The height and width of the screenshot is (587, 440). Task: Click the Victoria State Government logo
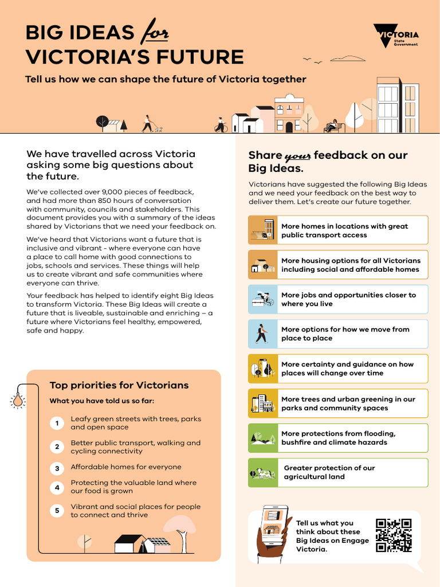click(x=396, y=36)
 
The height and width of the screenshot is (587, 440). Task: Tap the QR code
click(x=394, y=535)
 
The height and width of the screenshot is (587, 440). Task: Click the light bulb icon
click(x=18, y=400)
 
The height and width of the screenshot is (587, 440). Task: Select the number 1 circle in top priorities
click(x=57, y=424)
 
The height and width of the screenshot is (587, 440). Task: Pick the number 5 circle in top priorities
click(x=57, y=511)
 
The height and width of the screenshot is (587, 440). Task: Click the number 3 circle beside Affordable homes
click(x=57, y=468)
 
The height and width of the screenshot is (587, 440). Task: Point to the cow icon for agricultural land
click(x=263, y=473)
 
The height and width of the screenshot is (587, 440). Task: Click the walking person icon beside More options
click(x=262, y=334)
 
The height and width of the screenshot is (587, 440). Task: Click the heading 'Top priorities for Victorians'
click(x=119, y=385)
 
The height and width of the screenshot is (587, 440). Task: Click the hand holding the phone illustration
click(x=271, y=536)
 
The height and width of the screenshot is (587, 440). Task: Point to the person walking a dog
click(x=150, y=124)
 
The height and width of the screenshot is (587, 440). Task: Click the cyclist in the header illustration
click(x=221, y=125)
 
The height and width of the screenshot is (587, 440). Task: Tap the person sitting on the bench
click(x=332, y=126)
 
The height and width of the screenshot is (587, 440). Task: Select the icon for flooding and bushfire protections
click(x=263, y=439)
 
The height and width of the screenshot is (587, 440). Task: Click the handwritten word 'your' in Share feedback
click(x=297, y=156)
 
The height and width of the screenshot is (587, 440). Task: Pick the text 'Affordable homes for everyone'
click(x=125, y=467)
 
